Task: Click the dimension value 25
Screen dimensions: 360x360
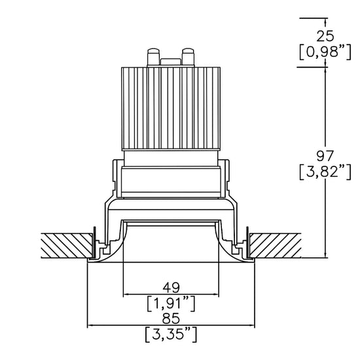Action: pos(325,36)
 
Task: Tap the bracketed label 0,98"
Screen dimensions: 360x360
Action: pos(325,52)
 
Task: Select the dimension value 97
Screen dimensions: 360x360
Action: pos(325,156)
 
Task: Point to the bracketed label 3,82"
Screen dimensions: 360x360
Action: pos(325,171)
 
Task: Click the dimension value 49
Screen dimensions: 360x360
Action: pos(171,287)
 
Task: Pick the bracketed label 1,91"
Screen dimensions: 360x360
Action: pos(171,304)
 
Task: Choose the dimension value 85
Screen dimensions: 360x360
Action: pos(171,319)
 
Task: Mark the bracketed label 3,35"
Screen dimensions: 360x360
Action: pos(171,334)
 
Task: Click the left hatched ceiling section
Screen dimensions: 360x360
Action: pos(67,245)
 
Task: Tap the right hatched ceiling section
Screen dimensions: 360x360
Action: pos(276,245)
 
